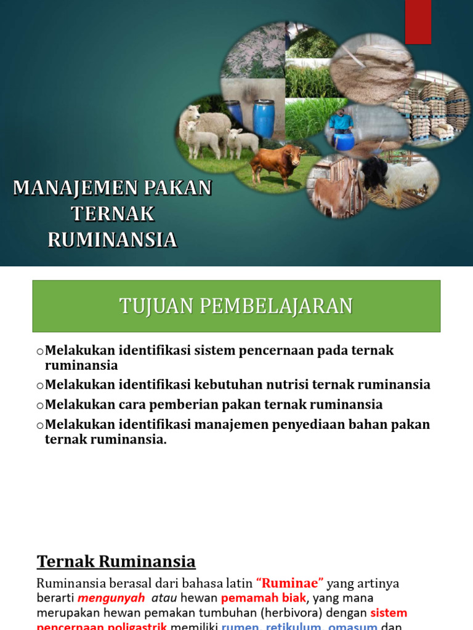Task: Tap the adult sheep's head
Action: click(192, 113)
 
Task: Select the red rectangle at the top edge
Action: click(418, 22)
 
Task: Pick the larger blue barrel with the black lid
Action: click(263, 118)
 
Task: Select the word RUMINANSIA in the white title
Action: click(113, 240)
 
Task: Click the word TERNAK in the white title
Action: click(113, 214)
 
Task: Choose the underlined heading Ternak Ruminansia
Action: click(116, 561)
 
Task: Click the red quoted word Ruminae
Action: click(289, 583)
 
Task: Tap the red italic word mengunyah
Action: click(111, 597)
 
